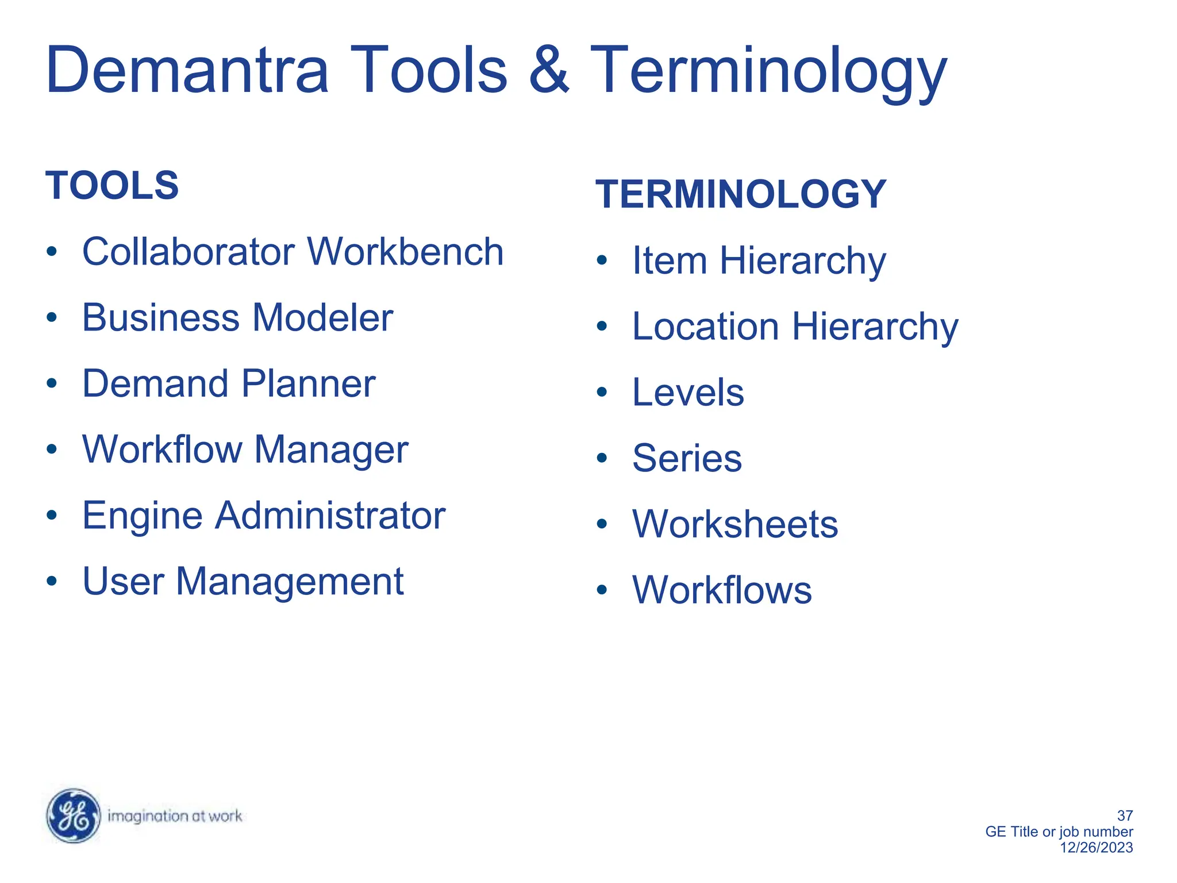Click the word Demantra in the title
pos(187,70)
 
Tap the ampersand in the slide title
pos(548,70)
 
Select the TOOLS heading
pos(112,186)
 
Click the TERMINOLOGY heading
pos(740,194)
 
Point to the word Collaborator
pos(189,252)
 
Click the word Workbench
pos(406,252)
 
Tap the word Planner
pos(308,383)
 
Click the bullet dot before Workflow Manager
pos(52,449)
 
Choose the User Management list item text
pos(243,581)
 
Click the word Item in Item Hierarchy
pos(669,260)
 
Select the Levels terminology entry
pos(687,392)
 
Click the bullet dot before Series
pos(602,458)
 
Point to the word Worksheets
pos(735,524)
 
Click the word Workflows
pos(722,590)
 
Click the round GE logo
pos(74,816)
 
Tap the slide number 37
pos(1124,815)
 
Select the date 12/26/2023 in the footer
pos(1096,847)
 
